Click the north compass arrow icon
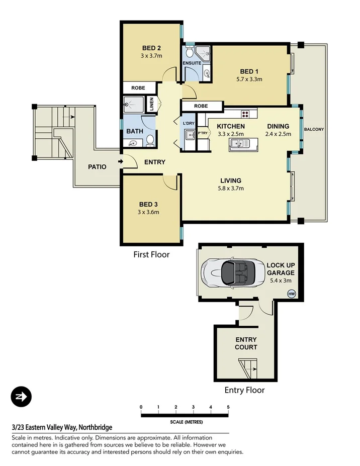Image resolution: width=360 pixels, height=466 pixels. pyautogui.click(x=21, y=397)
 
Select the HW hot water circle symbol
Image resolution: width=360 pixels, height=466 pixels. pyautogui.click(x=291, y=294)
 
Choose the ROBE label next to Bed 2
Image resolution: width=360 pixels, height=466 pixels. pyautogui.click(x=138, y=88)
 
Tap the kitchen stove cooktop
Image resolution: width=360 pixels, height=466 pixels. pyautogui.click(x=245, y=114)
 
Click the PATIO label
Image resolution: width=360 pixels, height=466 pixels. pyautogui.click(x=97, y=167)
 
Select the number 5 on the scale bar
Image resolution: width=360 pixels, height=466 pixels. pyautogui.click(x=228, y=407)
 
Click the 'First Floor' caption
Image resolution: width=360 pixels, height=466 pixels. pyautogui.click(x=151, y=255)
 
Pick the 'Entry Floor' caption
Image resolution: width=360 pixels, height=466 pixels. pyautogui.click(x=244, y=390)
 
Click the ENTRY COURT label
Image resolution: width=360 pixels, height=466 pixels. pyautogui.click(x=246, y=343)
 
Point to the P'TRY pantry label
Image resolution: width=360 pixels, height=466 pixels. pyautogui.click(x=203, y=133)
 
